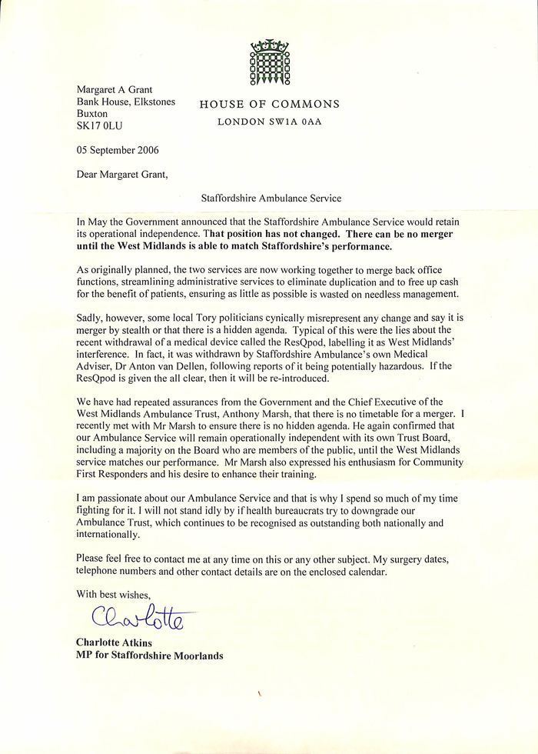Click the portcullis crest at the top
point(268,62)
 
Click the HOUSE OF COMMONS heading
point(269,105)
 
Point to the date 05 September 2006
point(118,150)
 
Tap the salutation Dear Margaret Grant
point(121,174)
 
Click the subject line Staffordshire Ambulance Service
point(271,198)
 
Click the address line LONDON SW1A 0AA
point(268,122)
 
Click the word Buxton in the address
point(92,113)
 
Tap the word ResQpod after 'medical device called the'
point(326,342)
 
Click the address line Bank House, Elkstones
point(125,102)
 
